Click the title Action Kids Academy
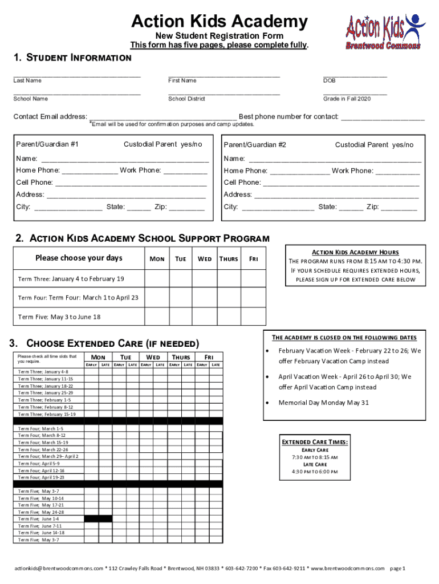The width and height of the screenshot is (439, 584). pos(219,22)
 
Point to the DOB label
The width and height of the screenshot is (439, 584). pos(329,80)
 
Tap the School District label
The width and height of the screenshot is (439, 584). pos(186,99)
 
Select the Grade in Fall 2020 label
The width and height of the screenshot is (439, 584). pos(347,99)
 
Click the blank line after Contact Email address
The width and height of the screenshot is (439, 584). pos(164,117)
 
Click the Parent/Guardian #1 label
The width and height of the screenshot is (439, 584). pos(47,144)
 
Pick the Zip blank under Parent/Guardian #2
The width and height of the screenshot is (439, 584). pos(399,207)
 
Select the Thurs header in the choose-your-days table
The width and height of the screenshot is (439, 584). pos(229,259)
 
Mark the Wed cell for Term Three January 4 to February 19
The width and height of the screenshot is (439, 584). pos(205,278)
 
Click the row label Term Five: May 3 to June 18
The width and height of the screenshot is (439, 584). pos(59,317)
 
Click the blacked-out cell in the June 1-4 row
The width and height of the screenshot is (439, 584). pos(98,519)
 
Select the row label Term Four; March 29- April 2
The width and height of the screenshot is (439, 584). pos(48,456)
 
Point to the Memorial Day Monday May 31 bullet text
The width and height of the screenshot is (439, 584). pos(323,402)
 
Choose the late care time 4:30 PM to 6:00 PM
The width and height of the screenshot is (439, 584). pos(315,472)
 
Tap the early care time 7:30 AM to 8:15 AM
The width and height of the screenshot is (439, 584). pos(315,457)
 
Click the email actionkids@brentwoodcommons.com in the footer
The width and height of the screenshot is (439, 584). pos(59,568)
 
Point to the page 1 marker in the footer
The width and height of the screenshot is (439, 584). pos(397,568)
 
